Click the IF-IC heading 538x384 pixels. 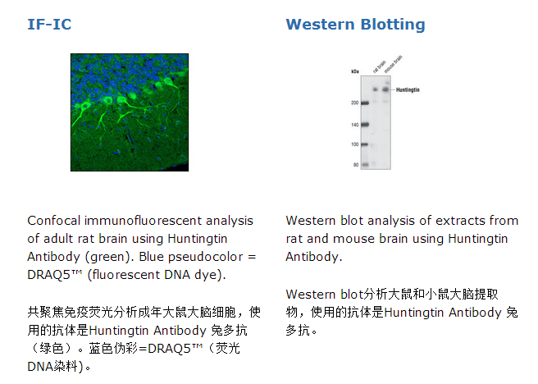tap(49, 25)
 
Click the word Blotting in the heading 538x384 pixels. tap(393, 25)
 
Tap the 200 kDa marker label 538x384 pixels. tap(354, 103)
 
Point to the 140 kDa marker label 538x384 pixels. tap(354, 125)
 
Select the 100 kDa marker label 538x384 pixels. tap(354, 144)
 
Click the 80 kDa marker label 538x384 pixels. tap(356, 165)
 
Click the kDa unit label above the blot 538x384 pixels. tap(355, 71)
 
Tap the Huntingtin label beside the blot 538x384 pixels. tap(408, 90)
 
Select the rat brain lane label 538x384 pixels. tap(379, 66)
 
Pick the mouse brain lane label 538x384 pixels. tap(393, 64)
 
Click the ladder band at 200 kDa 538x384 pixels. tap(365, 103)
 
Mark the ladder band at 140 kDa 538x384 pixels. tap(365, 125)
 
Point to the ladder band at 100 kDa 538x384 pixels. tap(365, 144)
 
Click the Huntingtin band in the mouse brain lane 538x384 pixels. tap(385, 89)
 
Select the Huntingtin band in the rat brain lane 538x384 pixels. tap(376, 89)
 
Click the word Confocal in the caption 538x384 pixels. tap(54, 221)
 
